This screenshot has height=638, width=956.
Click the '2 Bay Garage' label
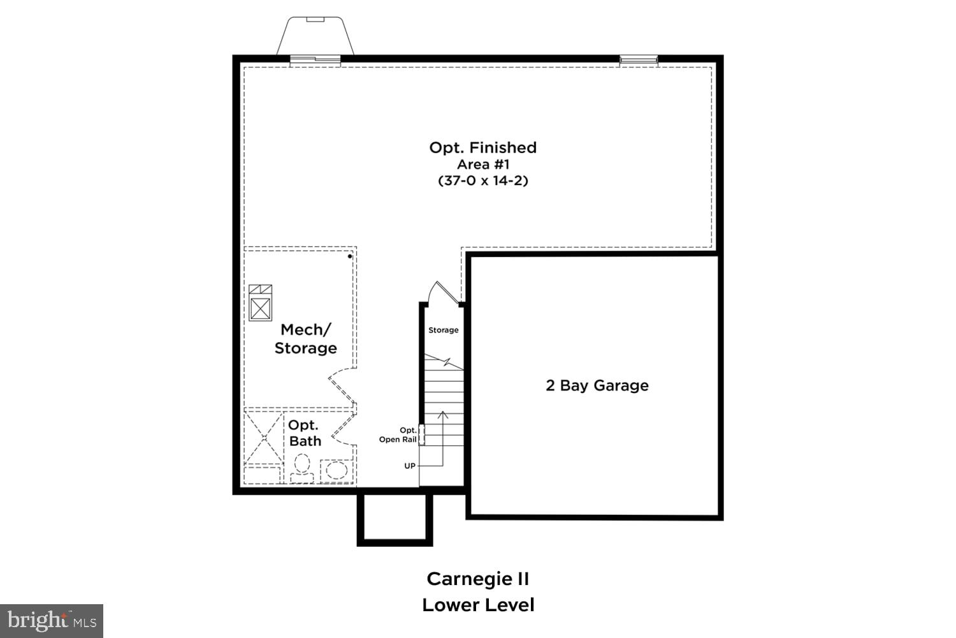pos(597,385)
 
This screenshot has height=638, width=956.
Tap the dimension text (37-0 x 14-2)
pos(483,181)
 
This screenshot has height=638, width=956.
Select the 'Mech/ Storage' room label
pos(306,339)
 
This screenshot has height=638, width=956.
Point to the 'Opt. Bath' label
pos(305,433)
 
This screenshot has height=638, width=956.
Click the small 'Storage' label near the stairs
pos(443,330)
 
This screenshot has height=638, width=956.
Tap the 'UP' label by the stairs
pos(410,466)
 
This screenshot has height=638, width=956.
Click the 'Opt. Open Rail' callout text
pos(398,435)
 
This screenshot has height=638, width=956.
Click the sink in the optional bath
pos(336,471)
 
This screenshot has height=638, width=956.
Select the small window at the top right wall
pos(639,60)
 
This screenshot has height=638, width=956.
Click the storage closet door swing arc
pos(442,292)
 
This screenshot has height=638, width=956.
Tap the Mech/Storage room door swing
pos(341,385)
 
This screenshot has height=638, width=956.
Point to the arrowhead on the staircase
pos(443,415)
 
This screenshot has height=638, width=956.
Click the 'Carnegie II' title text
pos(478,579)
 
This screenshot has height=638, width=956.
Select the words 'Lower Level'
pos(478,605)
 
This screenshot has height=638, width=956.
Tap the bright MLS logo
pos(51,620)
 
